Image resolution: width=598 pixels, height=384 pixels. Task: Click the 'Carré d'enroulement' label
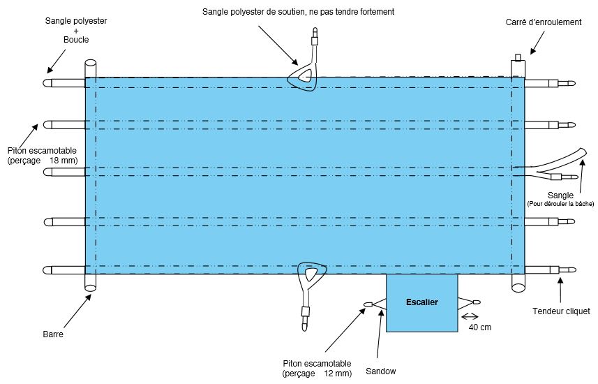543,22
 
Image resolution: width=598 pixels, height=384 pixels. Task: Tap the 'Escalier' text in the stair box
421,302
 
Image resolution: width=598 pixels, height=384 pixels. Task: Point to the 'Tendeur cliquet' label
560,311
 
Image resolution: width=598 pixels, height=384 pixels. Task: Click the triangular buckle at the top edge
305,77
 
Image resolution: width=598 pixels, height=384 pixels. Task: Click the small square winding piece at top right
518,57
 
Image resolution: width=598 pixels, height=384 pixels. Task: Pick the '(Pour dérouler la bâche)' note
560,204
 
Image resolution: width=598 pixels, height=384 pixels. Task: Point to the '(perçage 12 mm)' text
317,374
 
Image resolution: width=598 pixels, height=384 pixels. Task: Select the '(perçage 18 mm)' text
42,161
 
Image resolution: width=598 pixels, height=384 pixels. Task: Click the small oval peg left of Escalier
367,304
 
